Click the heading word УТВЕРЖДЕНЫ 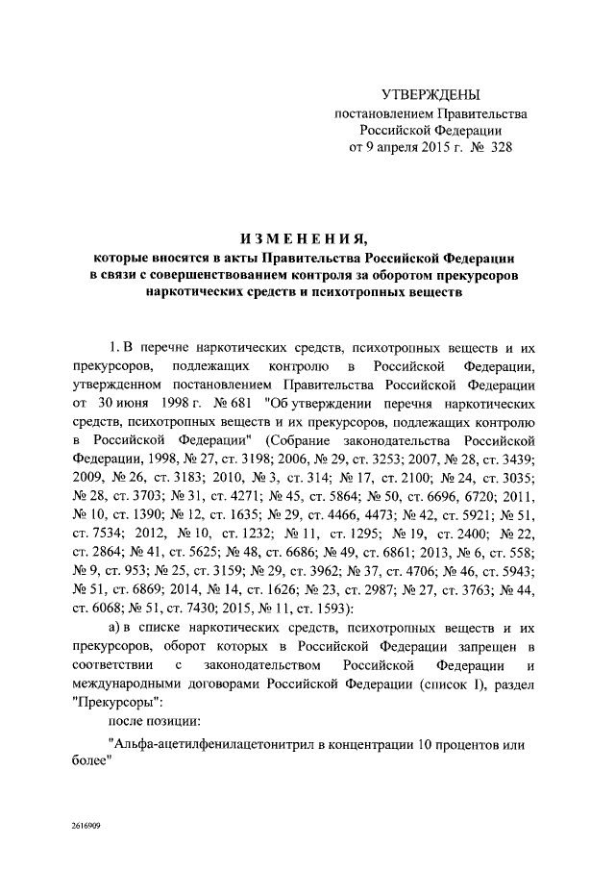point(430,94)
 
